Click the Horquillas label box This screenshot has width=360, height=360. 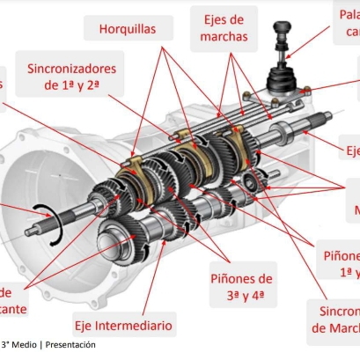pos(128,29)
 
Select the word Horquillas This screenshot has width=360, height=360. pos(128,29)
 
